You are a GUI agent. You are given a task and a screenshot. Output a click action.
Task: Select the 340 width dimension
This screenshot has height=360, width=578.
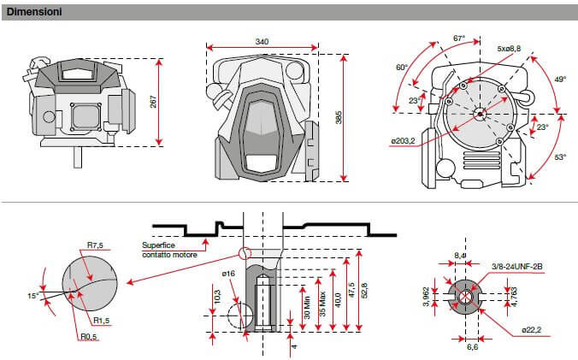(x=262, y=41)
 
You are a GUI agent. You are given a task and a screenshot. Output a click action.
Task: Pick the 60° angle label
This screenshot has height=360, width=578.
(x=402, y=68)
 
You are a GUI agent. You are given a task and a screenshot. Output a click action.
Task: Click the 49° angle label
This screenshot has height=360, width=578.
(x=560, y=79)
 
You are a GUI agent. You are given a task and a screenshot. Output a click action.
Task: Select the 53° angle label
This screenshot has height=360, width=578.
(x=560, y=157)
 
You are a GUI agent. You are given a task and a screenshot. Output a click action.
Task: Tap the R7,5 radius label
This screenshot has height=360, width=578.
(x=96, y=245)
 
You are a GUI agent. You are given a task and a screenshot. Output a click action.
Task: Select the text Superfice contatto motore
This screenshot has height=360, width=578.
(x=168, y=250)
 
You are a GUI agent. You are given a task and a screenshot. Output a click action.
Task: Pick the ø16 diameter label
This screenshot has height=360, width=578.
(x=227, y=273)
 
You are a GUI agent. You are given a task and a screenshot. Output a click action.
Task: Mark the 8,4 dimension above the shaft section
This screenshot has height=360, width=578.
(x=461, y=255)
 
